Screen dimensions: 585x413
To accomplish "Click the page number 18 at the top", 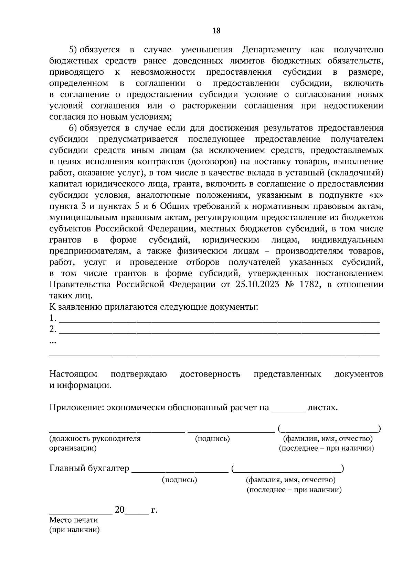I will click(216, 31).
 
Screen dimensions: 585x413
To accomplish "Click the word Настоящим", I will click(73, 374).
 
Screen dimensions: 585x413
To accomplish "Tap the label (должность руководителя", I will click(95, 439).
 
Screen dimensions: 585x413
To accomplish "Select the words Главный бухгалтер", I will click(89, 469).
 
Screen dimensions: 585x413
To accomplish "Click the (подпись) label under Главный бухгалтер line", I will click(179, 480).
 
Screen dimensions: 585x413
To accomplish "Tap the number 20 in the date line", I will click(119, 510).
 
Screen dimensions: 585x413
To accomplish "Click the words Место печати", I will click(73, 520).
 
